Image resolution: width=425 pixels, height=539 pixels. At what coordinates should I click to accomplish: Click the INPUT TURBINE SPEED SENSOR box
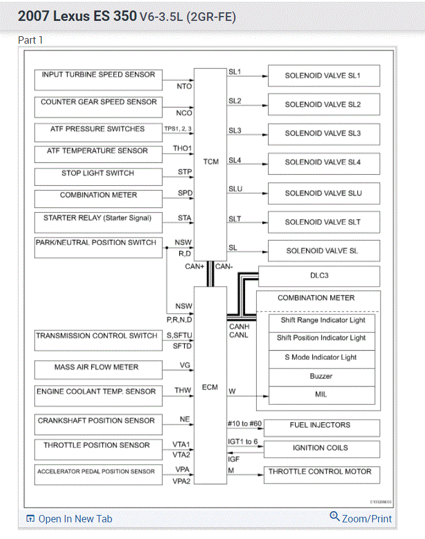point(99,79)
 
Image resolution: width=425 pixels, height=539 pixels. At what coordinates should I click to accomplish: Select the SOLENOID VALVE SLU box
point(323,193)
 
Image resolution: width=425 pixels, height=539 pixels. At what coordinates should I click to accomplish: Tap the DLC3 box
point(319,276)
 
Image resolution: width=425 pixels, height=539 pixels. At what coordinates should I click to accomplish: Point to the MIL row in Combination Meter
point(322,394)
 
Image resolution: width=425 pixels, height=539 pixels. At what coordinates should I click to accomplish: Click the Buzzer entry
point(322,376)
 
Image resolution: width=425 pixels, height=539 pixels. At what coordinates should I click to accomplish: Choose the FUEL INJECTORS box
point(320,426)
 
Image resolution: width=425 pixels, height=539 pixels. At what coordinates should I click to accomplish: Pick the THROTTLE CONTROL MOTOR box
point(320,473)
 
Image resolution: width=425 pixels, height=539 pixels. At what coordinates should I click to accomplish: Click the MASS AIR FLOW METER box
point(97,369)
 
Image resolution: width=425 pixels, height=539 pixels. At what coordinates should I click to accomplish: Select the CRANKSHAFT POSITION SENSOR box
point(97,423)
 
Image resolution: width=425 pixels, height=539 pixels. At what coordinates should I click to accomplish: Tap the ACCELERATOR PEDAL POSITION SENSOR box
point(97,474)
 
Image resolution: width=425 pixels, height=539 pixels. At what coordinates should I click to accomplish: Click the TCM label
point(211,162)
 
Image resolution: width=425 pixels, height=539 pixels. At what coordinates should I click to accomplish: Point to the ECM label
point(210,388)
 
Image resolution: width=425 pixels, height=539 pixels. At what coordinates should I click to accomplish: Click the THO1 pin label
point(182,148)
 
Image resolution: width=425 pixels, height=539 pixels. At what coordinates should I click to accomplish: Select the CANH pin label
point(238,327)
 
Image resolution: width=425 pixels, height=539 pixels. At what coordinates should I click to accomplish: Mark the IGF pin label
point(234,459)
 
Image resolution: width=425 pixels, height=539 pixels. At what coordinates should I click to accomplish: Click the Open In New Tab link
point(69,519)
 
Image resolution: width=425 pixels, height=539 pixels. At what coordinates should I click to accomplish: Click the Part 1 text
point(31,40)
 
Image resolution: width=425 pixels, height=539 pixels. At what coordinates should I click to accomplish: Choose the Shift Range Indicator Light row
point(322,321)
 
